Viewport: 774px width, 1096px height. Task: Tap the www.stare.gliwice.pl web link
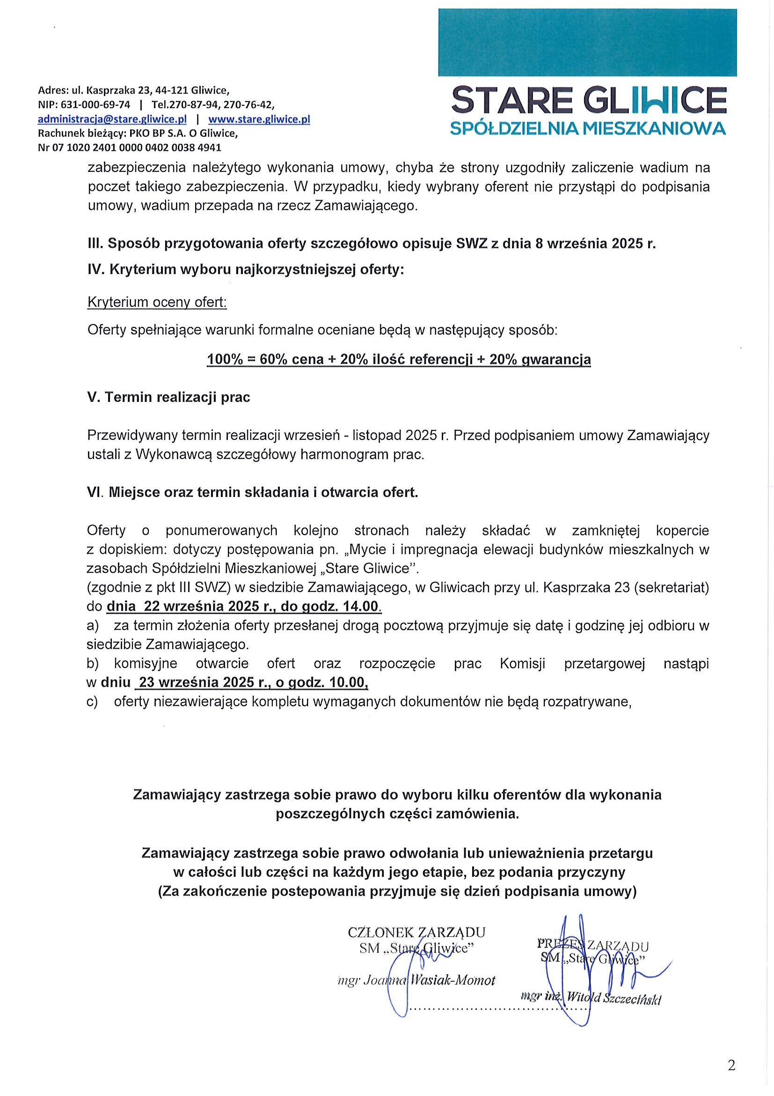coord(259,119)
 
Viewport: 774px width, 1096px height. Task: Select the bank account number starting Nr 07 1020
coord(129,148)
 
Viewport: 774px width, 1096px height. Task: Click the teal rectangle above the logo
coord(587,43)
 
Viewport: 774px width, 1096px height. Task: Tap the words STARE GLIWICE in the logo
coord(589,101)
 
